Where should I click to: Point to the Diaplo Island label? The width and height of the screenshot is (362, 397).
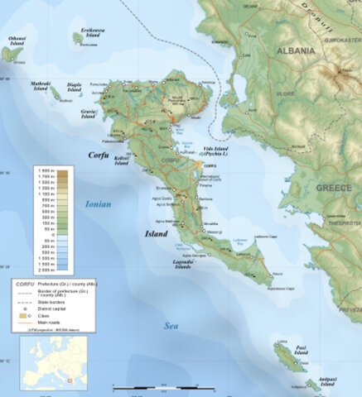tap(75, 87)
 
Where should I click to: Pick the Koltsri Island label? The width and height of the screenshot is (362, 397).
tap(120, 160)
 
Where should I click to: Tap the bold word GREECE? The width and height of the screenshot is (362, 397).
tap(333, 188)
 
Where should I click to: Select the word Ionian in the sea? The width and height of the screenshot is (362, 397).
tap(98, 203)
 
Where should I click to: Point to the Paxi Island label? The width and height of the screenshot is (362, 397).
tap(300, 352)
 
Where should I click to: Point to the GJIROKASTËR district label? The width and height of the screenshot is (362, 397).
tap(340, 39)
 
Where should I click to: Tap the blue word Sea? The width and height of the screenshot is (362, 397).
tap(172, 326)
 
